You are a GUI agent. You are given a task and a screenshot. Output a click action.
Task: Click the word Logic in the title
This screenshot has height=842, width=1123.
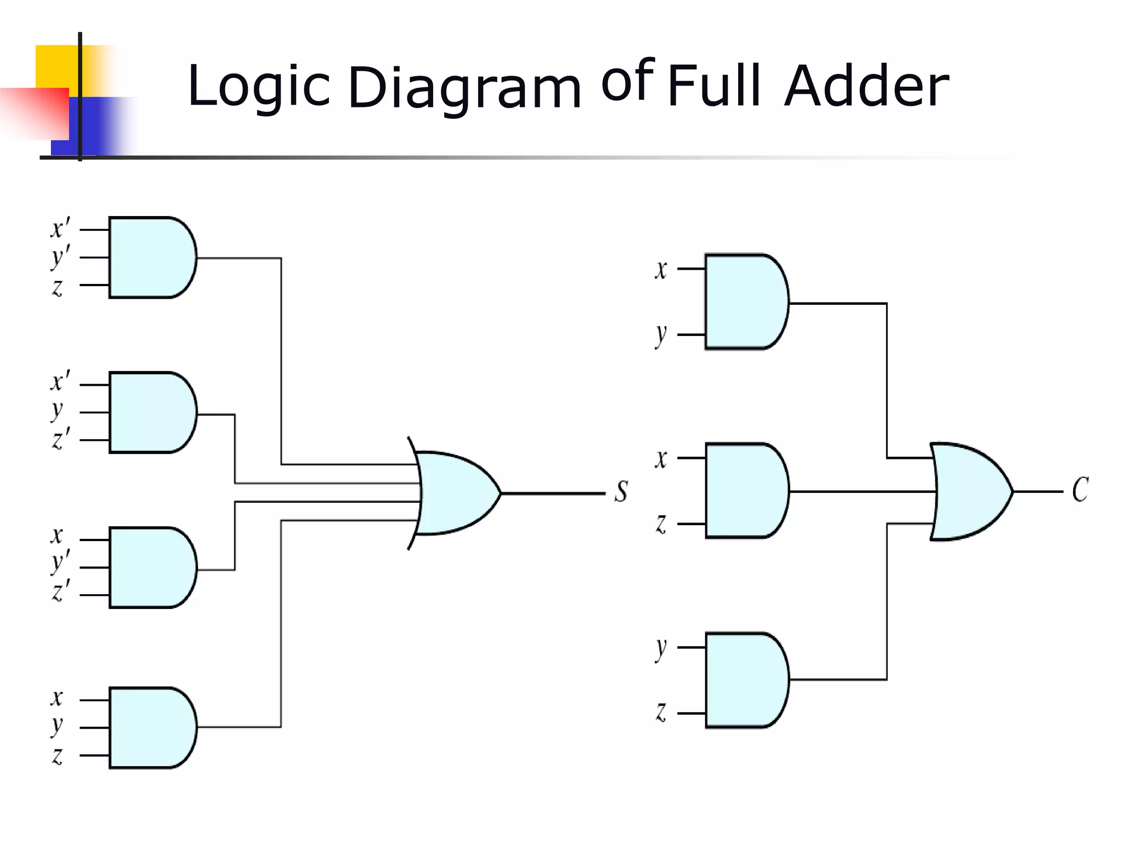pyautogui.click(x=258, y=87)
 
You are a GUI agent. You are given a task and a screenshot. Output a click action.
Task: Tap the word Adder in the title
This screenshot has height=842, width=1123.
pyautogui.click(x=866, y=87)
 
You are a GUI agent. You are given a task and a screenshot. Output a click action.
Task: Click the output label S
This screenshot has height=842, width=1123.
pyautogui.click(x=621, y=491)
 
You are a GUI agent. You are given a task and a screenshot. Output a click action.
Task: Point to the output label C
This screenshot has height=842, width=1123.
pyautogui.click(x=1080, y=490)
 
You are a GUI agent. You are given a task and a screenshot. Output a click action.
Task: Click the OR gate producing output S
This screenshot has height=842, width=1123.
pyautogui.click(x=455, y=493)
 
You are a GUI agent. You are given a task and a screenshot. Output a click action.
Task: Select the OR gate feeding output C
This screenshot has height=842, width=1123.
pyautogui.click(x=968, y=491)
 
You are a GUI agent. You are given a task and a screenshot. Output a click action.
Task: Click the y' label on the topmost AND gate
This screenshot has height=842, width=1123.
pyautogui.click(x=60, y=257)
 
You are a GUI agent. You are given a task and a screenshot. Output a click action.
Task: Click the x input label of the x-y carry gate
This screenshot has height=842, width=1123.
pyautogui.click(x=661, y=269)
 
